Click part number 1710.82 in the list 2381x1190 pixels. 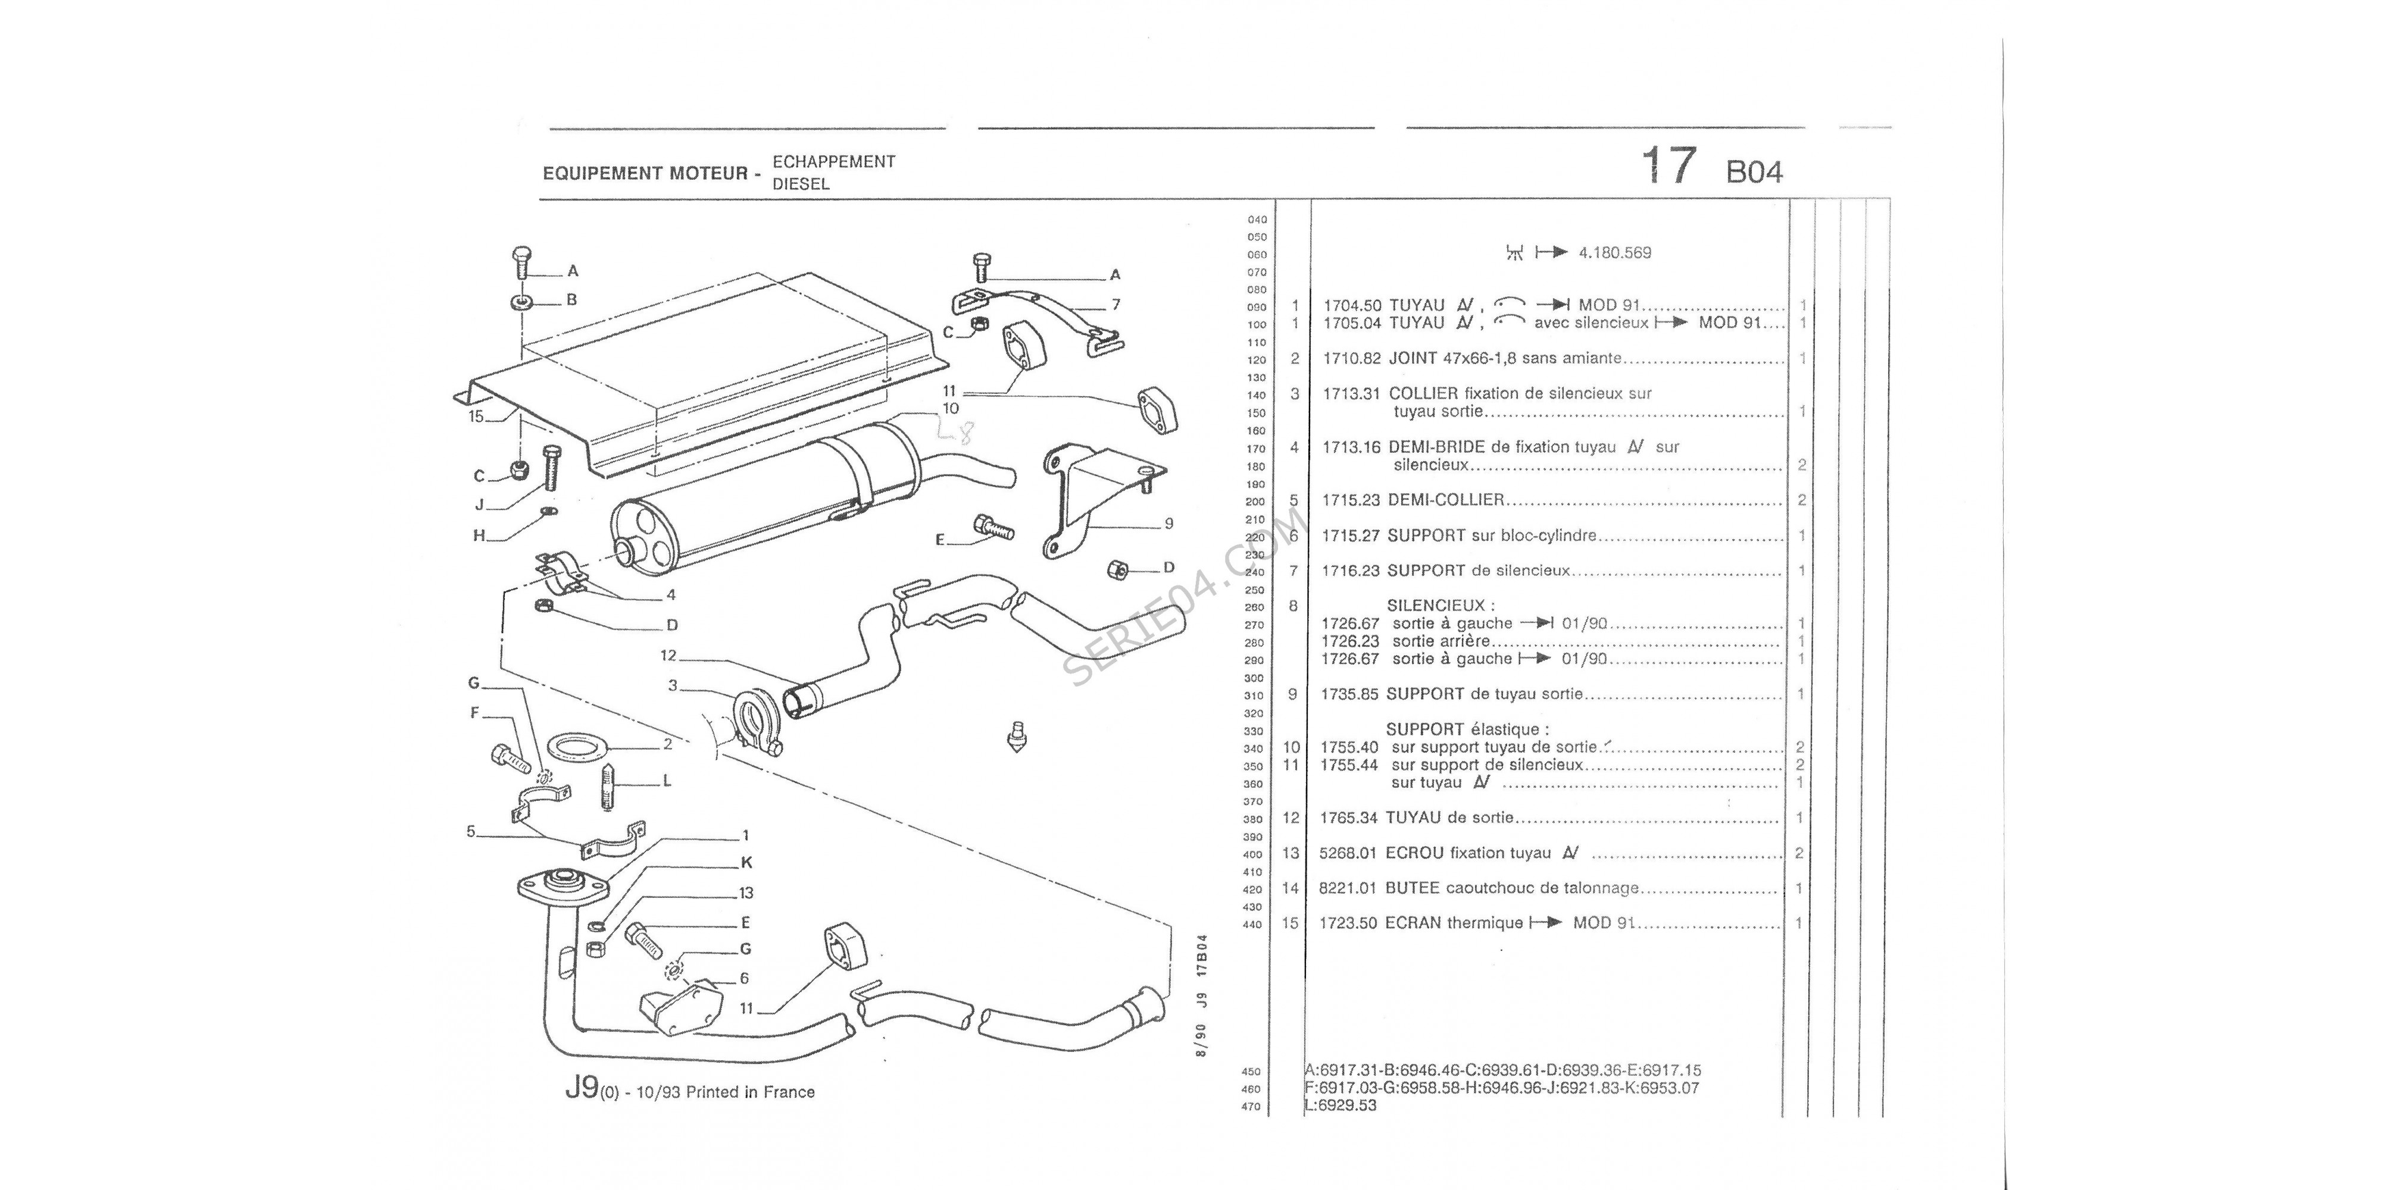1351,358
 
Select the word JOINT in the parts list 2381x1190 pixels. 1413,358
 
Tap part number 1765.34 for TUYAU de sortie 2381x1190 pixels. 1349,818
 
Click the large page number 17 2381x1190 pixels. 1669,167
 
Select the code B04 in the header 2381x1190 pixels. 1754,172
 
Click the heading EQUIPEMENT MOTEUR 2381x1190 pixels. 644,173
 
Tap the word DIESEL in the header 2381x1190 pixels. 801,184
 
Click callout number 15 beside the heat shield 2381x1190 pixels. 476,416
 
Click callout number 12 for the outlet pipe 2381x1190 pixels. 668,656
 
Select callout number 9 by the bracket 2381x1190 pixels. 1168,524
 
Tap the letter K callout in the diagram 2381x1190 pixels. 747,863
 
